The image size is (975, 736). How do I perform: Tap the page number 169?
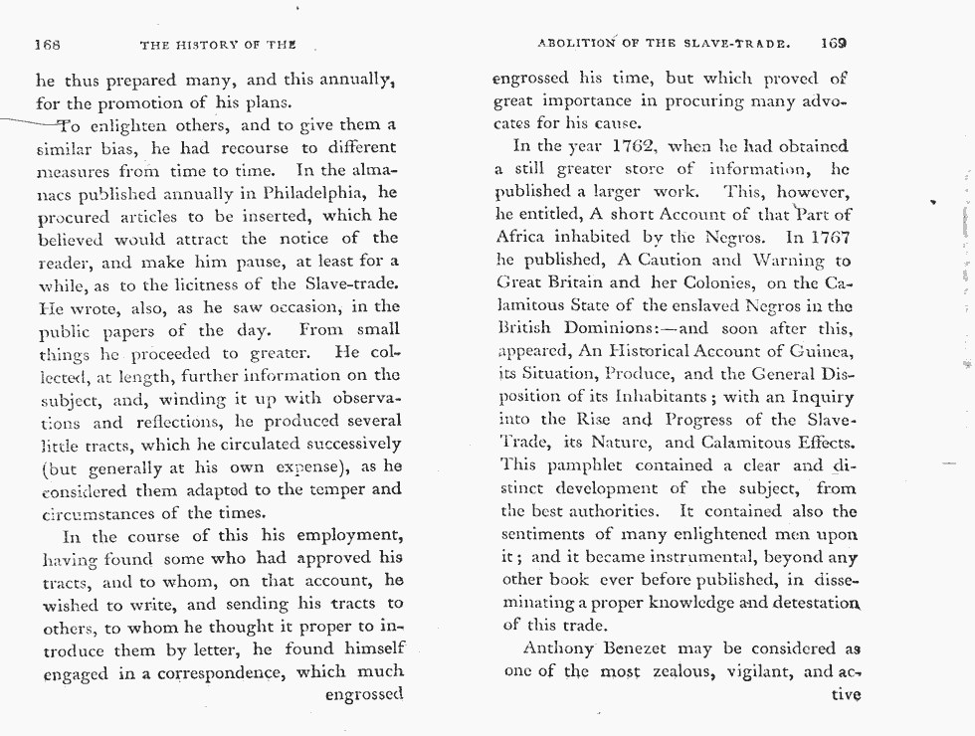point(834,44)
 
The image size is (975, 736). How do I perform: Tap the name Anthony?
point(566,649)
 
